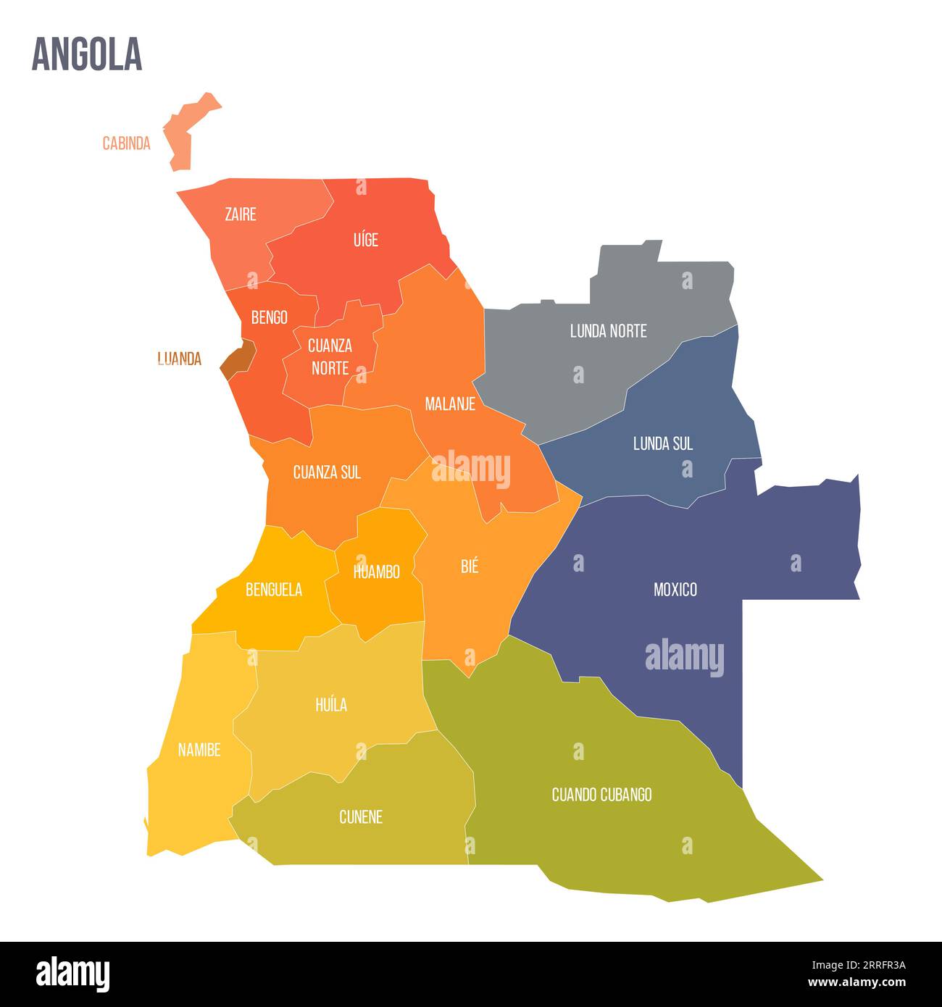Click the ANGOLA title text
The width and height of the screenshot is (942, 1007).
click(x=86, y=54)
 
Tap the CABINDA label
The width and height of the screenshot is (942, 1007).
click(x=126, y=143)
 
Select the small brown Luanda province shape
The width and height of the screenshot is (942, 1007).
click(x=238, y=359)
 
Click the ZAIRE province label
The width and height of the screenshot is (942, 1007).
click(x=240, y=214)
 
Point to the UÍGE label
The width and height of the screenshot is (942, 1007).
click(x=366, y=240)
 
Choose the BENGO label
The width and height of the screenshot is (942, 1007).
click(x=269, y=317)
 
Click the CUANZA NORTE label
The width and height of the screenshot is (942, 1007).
click(x=330, y=356)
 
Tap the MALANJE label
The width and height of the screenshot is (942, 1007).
click(x=450, y=404)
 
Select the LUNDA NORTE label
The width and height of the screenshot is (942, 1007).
click(x=608, y=331)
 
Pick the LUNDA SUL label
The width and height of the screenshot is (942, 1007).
click(x=662, y=443)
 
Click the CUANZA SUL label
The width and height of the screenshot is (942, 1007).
click(x=327, y=472)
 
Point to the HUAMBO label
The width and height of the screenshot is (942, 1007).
click(x=376, y=572)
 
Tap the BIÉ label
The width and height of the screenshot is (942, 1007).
click(x=470, y=567)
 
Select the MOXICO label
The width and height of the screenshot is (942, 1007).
click(x=675, y=590)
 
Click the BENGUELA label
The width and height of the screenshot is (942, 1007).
click(x=273, y=590)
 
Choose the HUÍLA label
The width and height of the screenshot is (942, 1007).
click(x=331, y=704)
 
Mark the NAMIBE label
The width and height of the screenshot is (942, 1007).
click(x=199, y=750)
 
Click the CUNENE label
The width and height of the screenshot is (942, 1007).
click(x=361, y=817)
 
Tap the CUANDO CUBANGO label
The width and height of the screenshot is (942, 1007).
click(x=601, y=795)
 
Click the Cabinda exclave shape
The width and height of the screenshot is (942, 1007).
click(x=186, y=130)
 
